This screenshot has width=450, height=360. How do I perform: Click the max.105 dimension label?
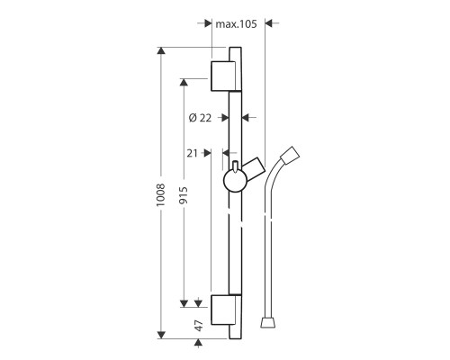(236, 24)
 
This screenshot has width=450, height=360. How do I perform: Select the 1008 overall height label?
(161, 194)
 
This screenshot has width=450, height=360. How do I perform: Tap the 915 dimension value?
(184, 195)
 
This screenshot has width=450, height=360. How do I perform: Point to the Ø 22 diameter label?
(200, 118)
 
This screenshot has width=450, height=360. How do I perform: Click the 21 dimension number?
(193, 153)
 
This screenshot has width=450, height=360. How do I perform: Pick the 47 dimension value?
(199, 326)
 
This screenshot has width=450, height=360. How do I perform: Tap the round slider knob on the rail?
(235, 181)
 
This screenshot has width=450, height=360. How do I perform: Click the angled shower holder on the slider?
(254, 169)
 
